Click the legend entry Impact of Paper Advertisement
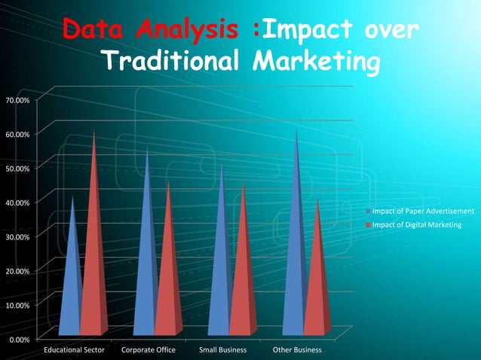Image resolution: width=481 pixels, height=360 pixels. [x=422, y=211]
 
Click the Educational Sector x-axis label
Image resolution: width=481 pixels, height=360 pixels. [x=74, y=350]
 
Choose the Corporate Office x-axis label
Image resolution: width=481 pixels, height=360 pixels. [x=148, y=350]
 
